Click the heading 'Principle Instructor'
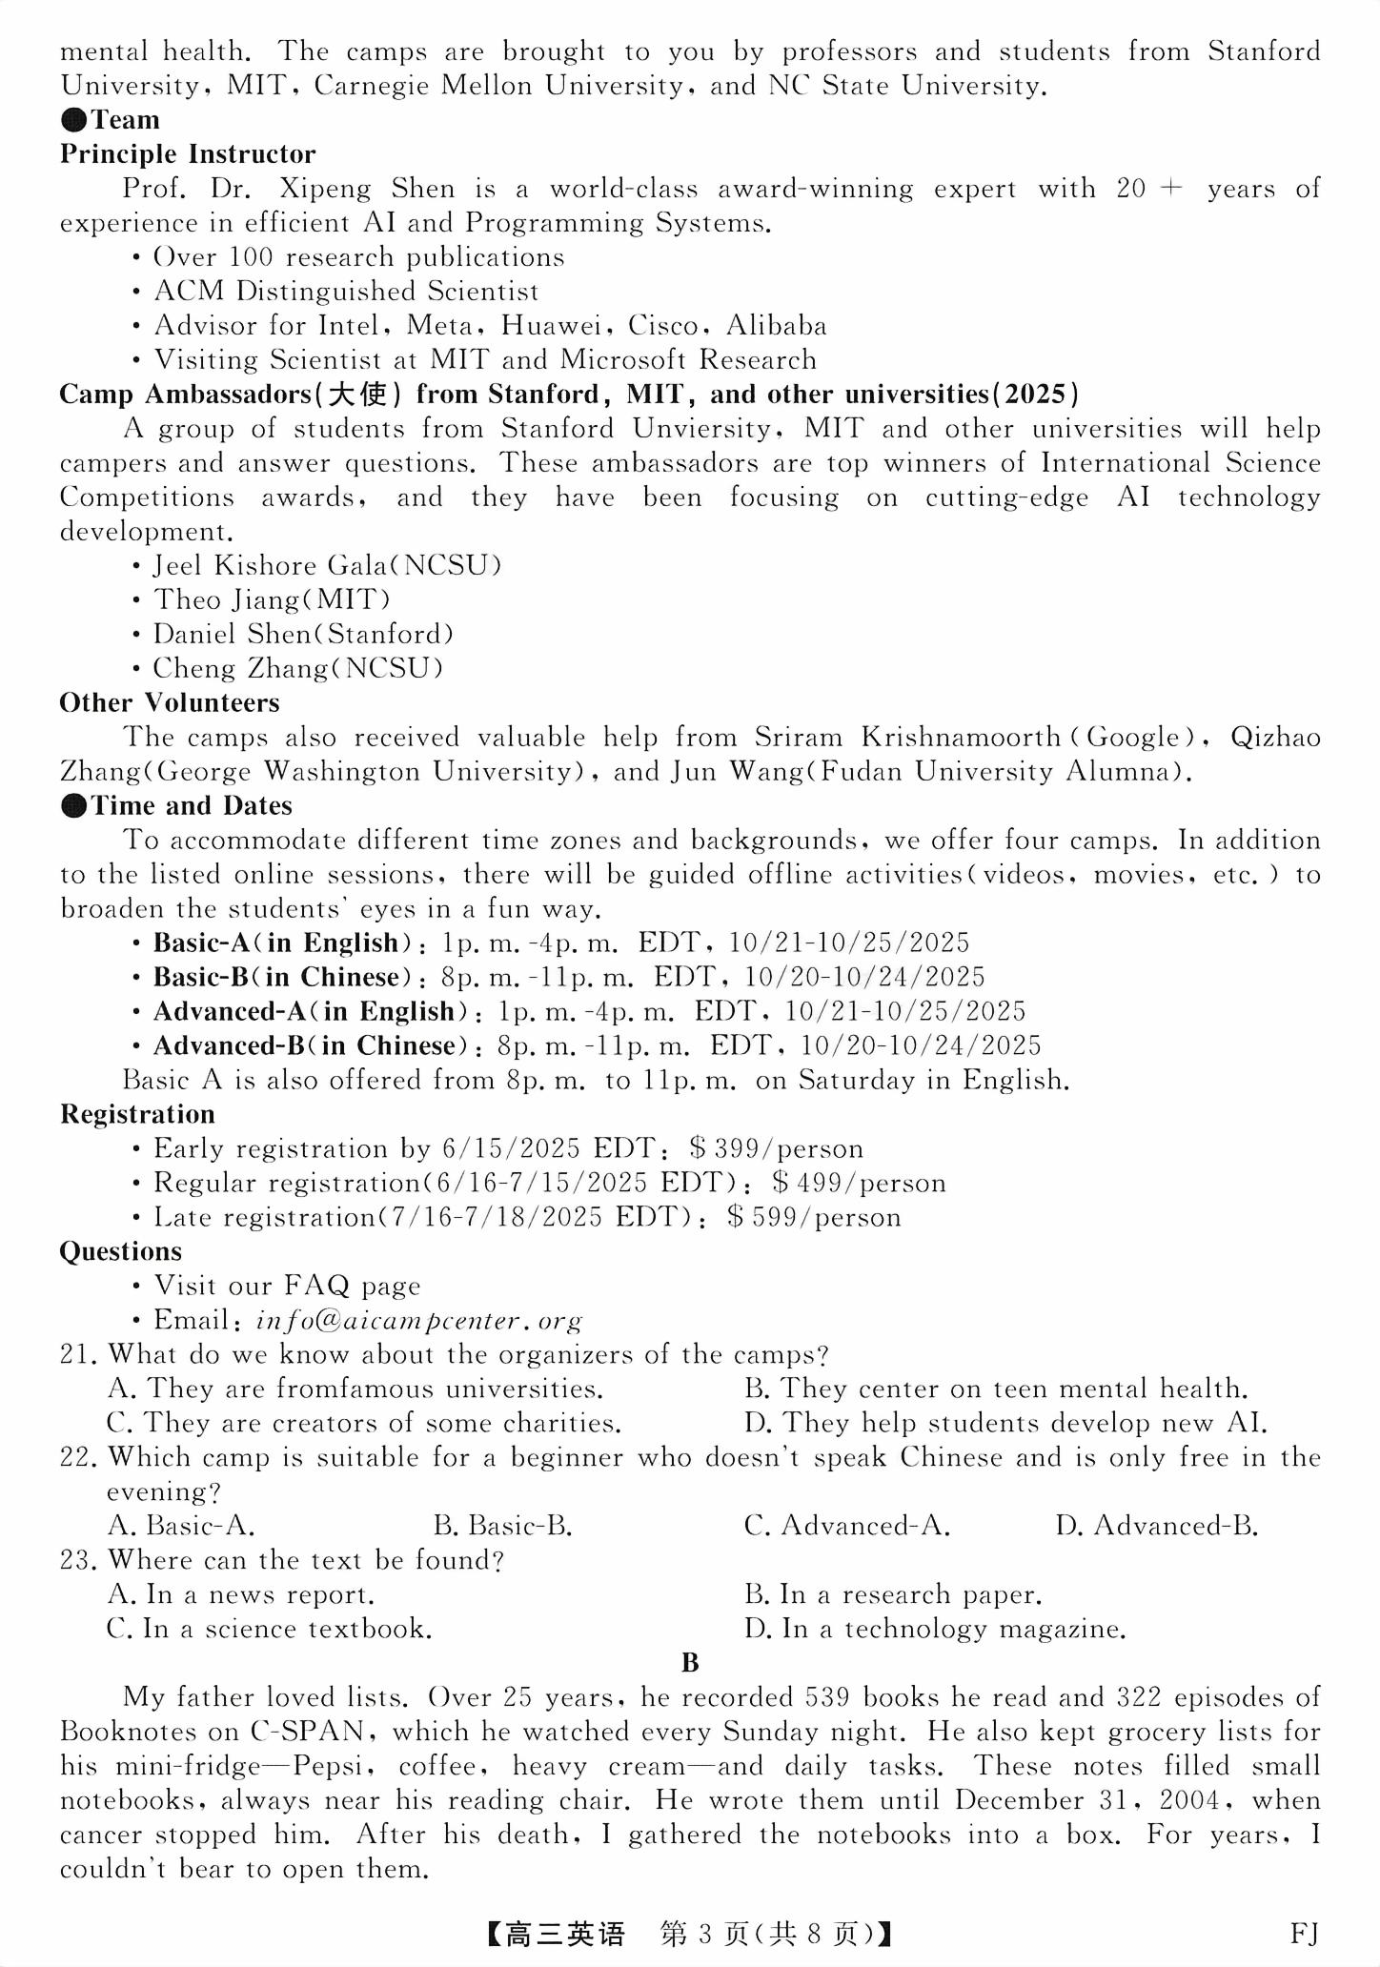188,154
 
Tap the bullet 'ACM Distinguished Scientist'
346,292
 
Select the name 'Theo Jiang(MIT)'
272,600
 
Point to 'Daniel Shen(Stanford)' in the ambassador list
303,635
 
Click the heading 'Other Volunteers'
170,703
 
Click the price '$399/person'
777,1149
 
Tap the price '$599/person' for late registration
814,1218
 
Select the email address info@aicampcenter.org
419,1321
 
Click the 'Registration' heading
137,1115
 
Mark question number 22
79,1458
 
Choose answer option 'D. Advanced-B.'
1156,1527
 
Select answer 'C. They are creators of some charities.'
364,1424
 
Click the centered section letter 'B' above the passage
691,1663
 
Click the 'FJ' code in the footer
1304,1935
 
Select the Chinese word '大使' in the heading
357,395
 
